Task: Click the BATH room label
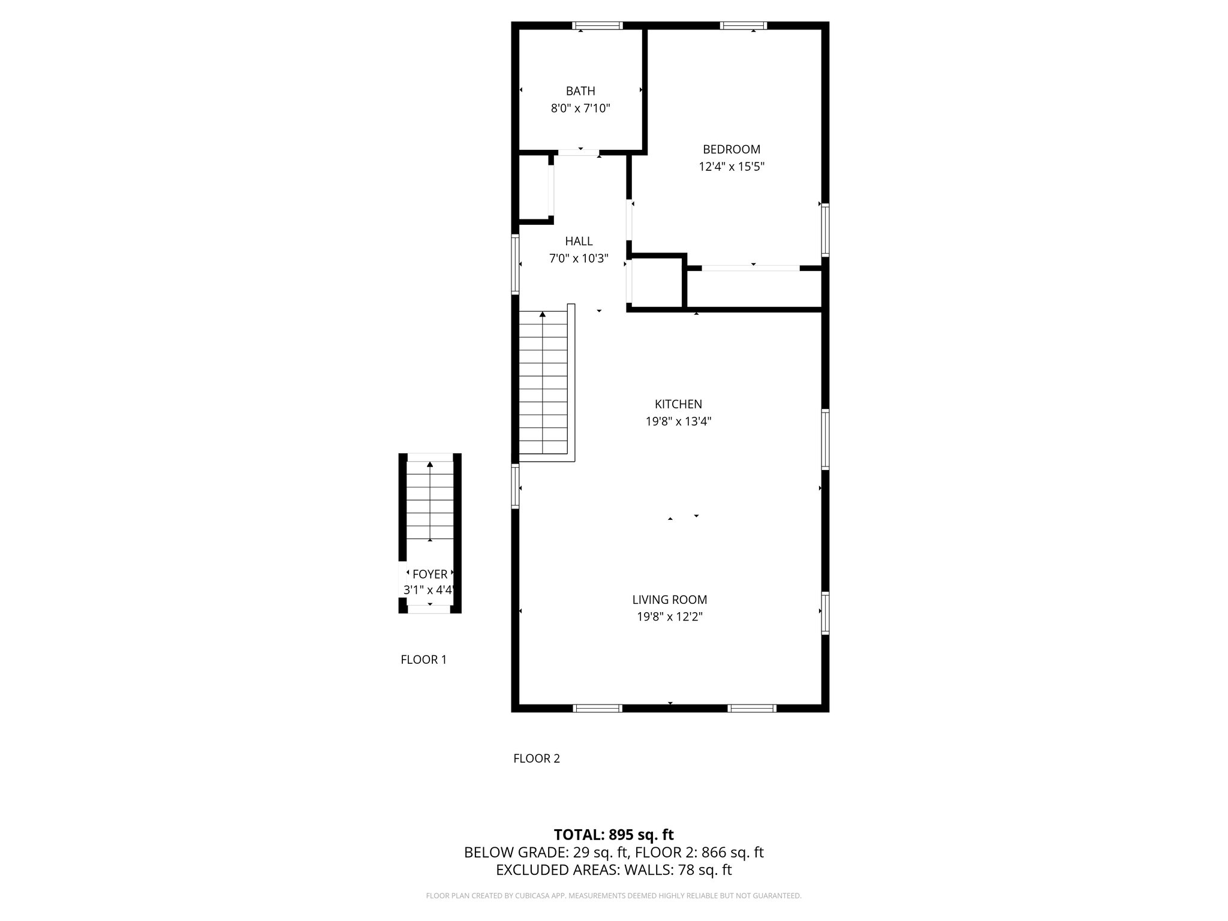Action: coord(580,91)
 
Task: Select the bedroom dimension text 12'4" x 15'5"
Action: coord(732,167)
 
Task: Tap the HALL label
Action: coord(579,241)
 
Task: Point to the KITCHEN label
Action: coord(678,404)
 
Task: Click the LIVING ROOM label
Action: coord(670,600)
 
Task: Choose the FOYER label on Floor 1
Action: coord(430,574)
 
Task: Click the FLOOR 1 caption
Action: coord(423,660)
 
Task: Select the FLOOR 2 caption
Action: coord(537,759)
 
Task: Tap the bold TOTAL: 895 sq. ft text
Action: coord(613,835)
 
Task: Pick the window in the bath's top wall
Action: coord(597,26)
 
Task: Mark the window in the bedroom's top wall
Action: coord(744,26)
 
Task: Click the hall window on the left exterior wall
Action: coord(515,264)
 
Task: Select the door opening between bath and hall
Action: coord(579,153)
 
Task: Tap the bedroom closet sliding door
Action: coord(751,268)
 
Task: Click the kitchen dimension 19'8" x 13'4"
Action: coord(678,422)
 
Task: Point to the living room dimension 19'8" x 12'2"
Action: coord(670,617)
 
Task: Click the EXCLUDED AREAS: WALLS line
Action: coord(613,870)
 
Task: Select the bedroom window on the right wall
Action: coord(825,230)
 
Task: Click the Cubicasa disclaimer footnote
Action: coord(613,896)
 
